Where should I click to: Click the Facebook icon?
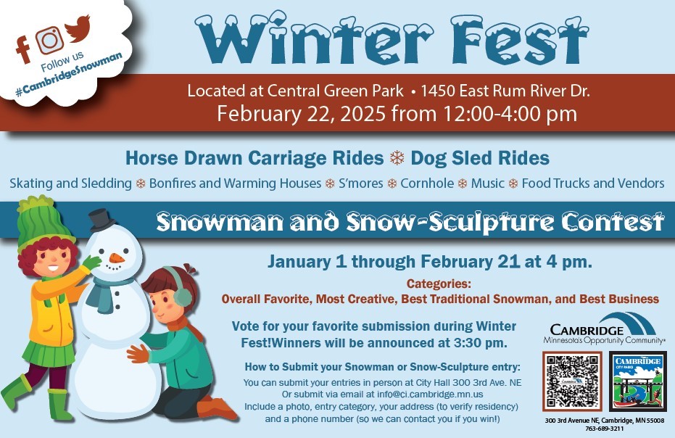point(23,49)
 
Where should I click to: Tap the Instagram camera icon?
point(49,40)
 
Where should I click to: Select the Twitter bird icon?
point(78,29)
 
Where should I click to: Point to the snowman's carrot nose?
point(116,258)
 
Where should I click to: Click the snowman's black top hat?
point(102,220)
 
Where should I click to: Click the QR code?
point(572,381)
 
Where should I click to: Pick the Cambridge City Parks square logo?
point(638,381)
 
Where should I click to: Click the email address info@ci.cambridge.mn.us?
point(430,394)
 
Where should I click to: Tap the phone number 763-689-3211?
point(605,429)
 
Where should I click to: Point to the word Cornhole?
point(427,183)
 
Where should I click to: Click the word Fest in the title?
point(519,40)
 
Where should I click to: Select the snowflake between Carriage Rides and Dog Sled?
point(397,158)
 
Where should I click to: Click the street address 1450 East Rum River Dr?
point(505,91)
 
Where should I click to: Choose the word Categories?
point(439,284)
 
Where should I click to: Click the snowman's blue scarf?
point(106,293)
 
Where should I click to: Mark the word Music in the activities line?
point(487,183)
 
